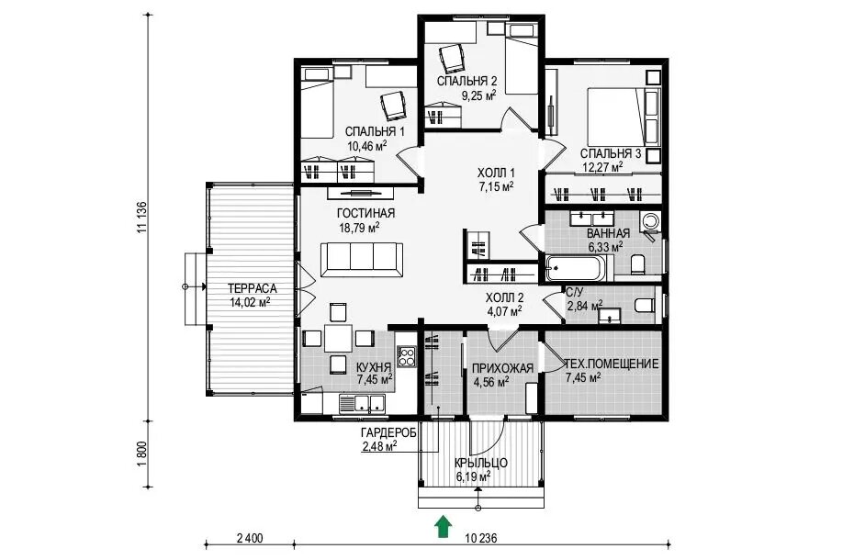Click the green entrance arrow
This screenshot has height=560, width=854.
coord(444,527)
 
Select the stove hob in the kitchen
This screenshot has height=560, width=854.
coord(406,357)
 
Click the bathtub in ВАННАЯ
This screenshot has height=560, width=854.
coord(579,267)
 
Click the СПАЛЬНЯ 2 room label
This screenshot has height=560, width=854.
coord(467,82)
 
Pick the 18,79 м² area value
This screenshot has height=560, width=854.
coord(359,227)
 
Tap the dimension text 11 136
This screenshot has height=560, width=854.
coord(142,218)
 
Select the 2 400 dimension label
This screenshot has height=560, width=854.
coord(250,538)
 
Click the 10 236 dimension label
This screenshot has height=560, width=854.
coord(481,538)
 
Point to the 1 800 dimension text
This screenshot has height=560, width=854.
coord(142,454)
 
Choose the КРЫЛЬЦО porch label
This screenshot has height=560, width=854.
coord(481,463)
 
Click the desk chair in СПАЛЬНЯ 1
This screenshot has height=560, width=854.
coord(394,106)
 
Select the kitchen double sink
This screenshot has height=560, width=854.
coord(362,404)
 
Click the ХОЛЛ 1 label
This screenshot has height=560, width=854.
coord(496,174)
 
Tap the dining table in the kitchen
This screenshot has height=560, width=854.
coord(338,338)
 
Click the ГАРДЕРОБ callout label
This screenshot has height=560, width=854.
coord(388,433)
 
